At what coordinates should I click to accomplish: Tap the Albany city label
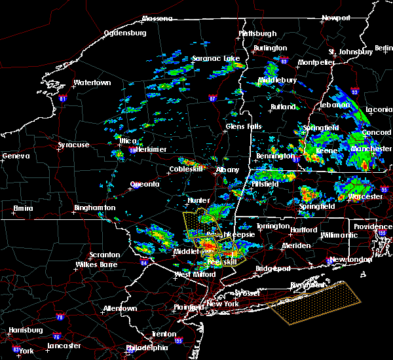(x=228, y=170)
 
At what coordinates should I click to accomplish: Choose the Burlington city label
(x=270, y=48)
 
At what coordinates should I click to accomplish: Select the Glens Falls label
(x=243, y=126)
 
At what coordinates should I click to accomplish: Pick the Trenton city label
(x=163, y=334)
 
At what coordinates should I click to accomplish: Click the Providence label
(x=373, y=226)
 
